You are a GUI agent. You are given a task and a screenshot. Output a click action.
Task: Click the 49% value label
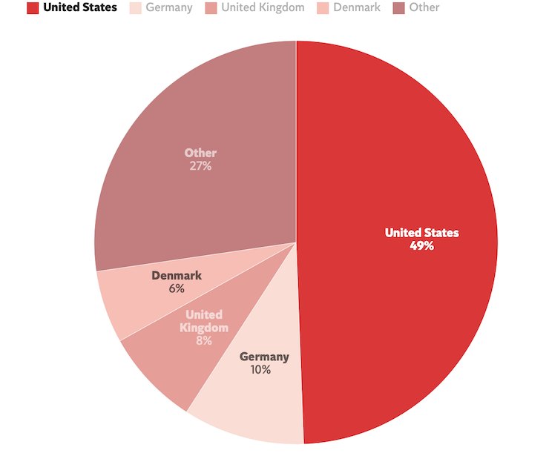(421, 245)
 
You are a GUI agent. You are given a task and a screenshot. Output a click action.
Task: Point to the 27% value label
(200, 166)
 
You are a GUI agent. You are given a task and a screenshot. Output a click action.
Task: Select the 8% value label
(204, 341)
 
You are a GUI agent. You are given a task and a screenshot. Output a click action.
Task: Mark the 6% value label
(176, 288)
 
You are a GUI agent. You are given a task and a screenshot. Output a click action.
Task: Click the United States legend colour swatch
(33, 8)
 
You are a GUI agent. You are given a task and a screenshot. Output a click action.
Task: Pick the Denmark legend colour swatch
(323, 8)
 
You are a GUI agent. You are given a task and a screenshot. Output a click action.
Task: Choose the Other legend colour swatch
(399, 8)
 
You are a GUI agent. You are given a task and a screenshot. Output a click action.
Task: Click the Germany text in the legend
(169, 8)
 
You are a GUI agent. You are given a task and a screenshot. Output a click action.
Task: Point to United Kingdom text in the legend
(263, 8)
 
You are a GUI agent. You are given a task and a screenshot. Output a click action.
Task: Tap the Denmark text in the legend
(357, 8)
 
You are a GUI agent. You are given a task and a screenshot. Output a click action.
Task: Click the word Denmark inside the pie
(177, 276)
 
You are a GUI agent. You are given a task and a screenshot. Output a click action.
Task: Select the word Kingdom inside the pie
(204, 328)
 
